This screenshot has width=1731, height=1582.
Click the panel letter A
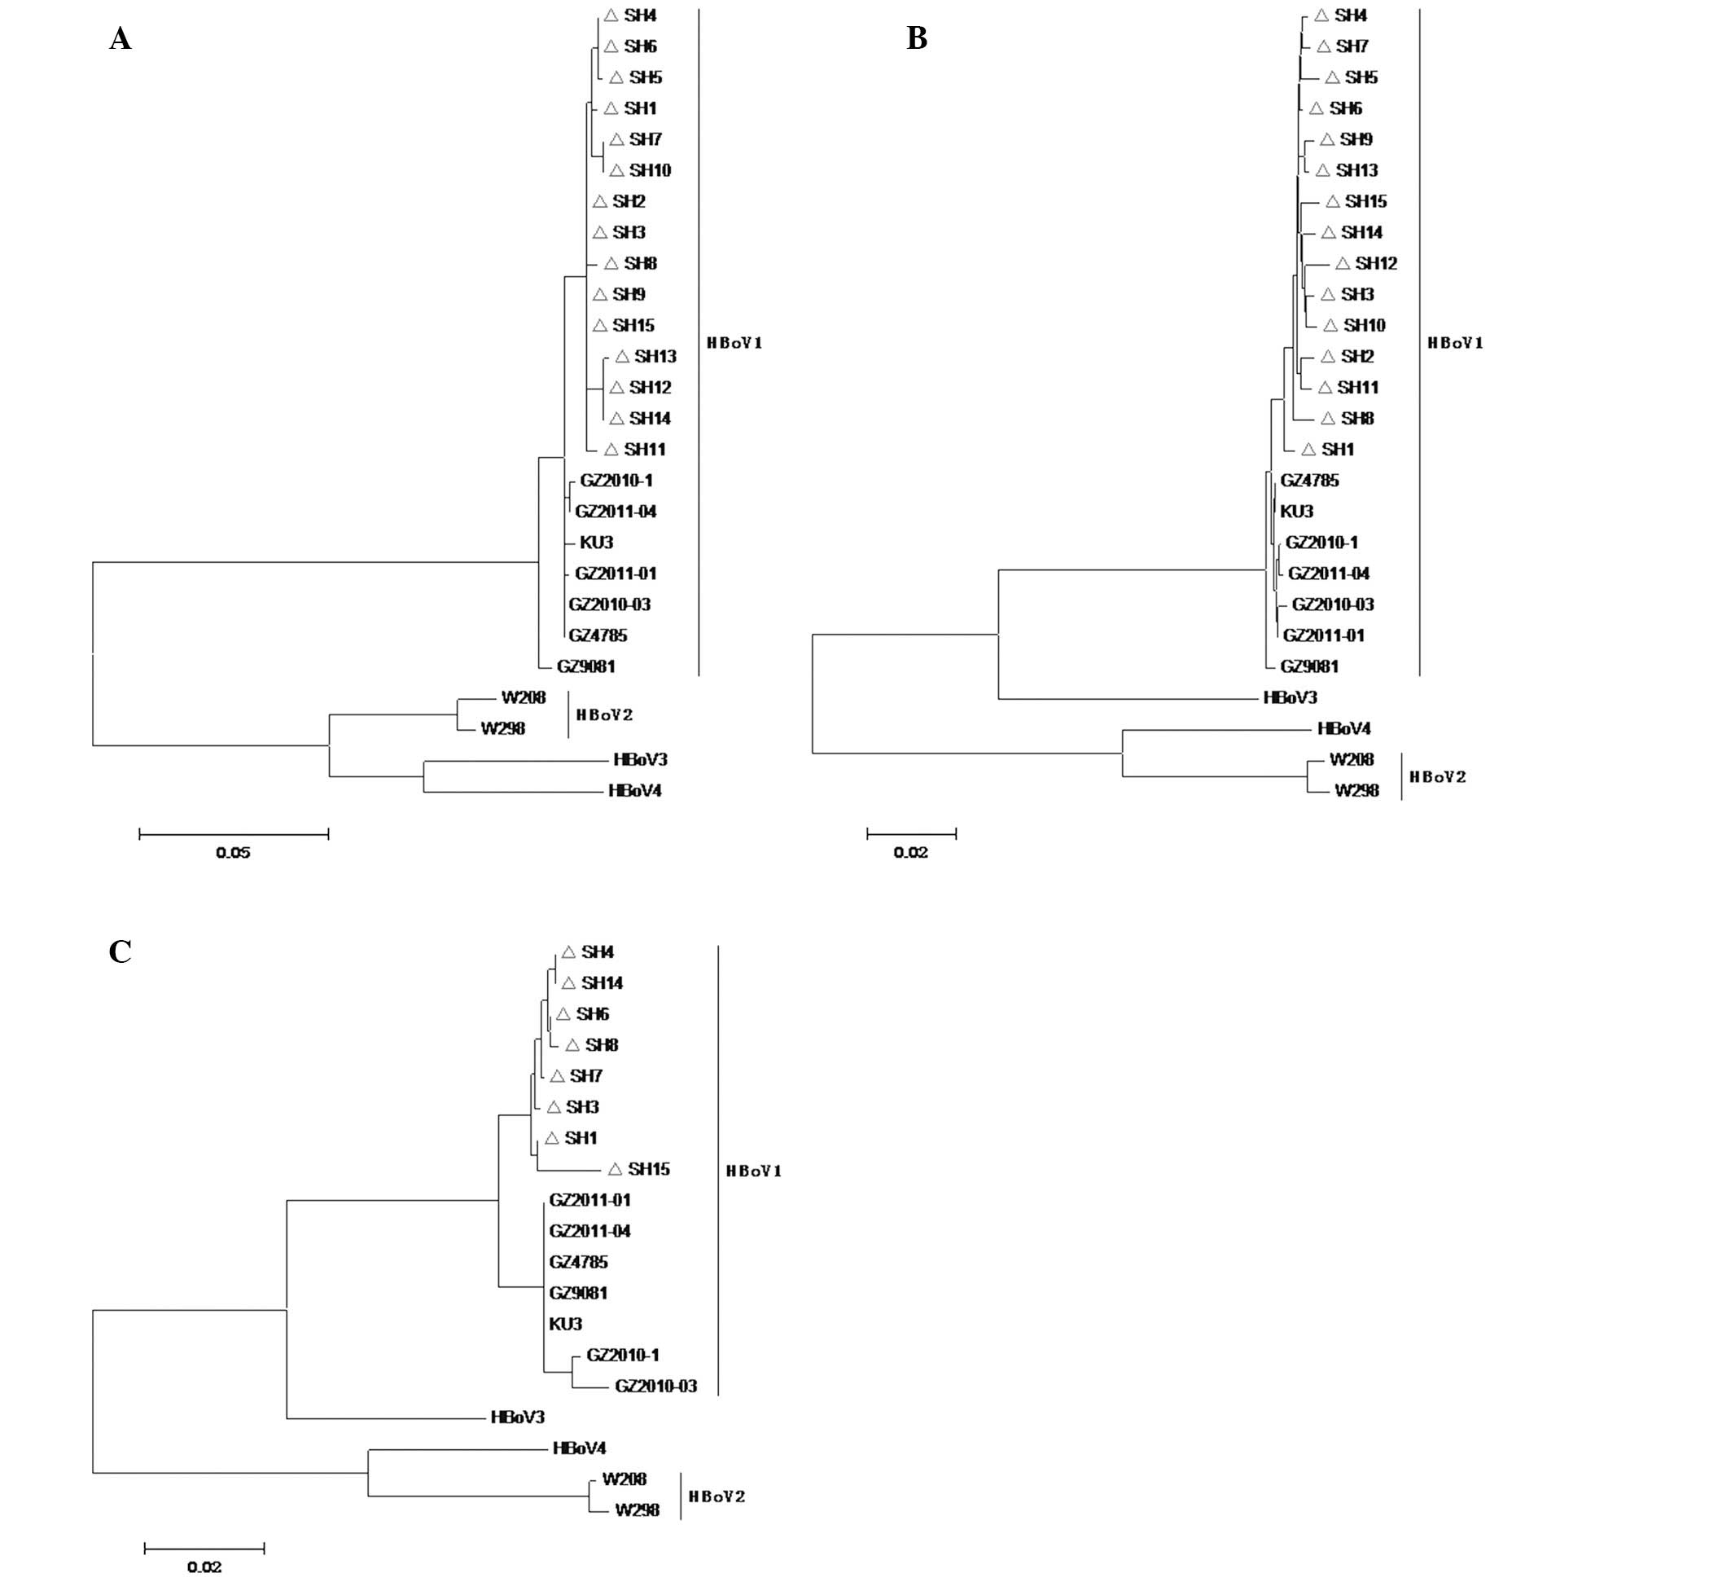tap(121, 38)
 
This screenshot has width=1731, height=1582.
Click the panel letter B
tap(917, 38)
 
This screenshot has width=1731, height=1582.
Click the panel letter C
tap(121, 951)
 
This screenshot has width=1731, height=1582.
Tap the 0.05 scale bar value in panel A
tap(233, 853)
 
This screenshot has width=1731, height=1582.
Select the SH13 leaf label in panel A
tap(655, 357)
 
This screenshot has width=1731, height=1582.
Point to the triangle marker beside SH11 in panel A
tap(611, 449)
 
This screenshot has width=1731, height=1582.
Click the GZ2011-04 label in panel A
tap(616, 512)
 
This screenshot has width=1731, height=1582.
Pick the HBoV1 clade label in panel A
tap(734, 343)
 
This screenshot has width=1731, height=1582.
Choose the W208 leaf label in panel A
tap(523, 697)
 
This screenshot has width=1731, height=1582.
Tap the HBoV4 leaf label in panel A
tap(634, 791)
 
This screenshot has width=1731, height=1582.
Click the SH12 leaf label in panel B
tap(1375, 264)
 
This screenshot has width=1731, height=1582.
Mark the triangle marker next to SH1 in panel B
tap(1308, 449)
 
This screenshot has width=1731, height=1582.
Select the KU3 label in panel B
tap(1296, 512)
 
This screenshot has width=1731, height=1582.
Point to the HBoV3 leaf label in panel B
tap(1290, 698)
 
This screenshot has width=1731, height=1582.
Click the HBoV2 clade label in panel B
tap(1437, 777)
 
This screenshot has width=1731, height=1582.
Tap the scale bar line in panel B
tap(911, 833)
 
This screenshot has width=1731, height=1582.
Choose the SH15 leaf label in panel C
tap(648, 1169)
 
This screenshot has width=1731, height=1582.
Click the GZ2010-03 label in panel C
tap(656, 1386)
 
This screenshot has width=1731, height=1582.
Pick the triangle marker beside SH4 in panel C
tap(568, 951)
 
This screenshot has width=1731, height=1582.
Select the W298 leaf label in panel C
tap(637, 1509)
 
